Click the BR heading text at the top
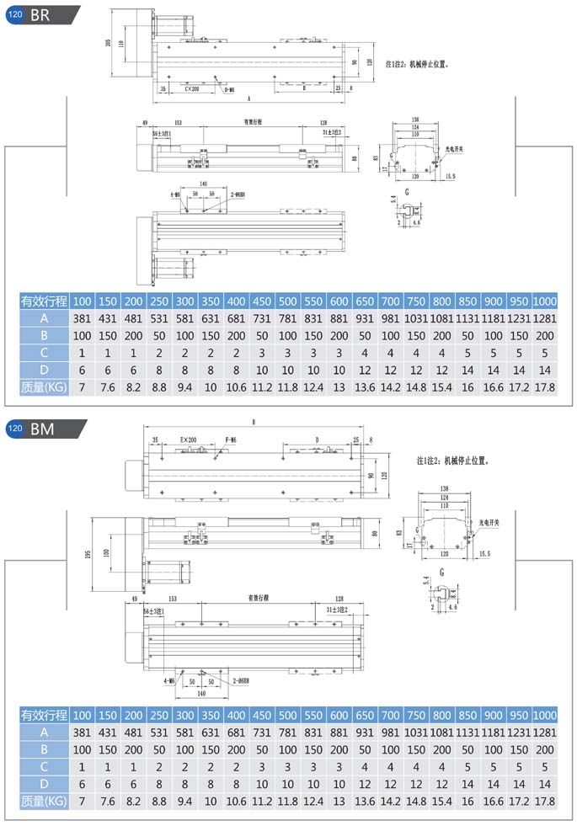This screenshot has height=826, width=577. point(40,15)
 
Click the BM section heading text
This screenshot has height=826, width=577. point(42,429)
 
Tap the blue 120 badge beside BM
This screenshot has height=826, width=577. point(15,429)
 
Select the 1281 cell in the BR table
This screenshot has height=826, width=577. point(545,318)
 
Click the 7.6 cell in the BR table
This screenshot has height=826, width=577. point(108,386)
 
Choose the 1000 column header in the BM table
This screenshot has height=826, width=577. point(545,716)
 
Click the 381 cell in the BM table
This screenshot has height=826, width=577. point(83,733)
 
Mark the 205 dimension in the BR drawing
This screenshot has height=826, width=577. point(109,44)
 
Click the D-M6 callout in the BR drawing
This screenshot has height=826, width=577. point(228,88)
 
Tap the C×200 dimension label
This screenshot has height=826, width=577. point(190,88)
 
